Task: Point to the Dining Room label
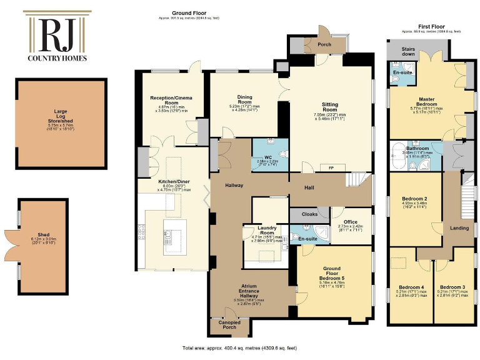[244, 101]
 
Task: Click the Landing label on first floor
[459, 228]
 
